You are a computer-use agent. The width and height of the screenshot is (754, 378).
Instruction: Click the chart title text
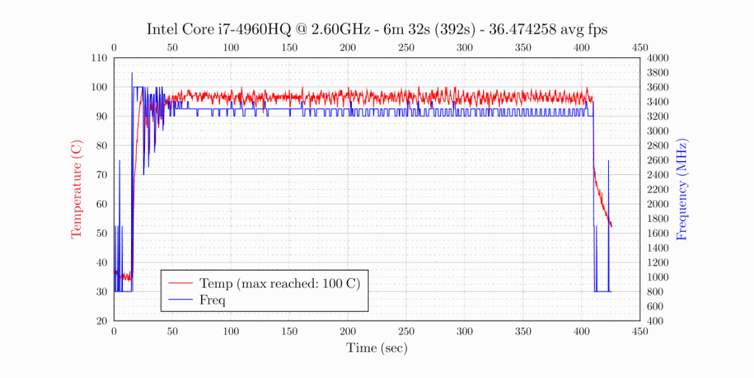(x=376, y=29)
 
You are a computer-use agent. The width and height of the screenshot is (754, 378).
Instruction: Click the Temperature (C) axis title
(x=76, y=190)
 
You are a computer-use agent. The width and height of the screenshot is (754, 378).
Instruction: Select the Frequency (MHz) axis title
(x=681, y=189)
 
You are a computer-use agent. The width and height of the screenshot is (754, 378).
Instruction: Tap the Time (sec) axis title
(x=376, y=348)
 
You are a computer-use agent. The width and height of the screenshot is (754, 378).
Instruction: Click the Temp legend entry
(x=279, y=283)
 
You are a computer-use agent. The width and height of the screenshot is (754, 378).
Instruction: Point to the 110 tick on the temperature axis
(x=99, y=58)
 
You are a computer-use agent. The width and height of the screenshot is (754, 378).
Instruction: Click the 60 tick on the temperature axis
(x=102, y=204)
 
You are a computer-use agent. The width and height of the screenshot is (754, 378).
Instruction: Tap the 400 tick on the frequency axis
(x=654, y=321)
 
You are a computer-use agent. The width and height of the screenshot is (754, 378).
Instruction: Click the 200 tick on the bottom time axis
(x=348, y=332)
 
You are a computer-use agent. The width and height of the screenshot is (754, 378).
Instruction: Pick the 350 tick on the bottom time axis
(x=523, y=332)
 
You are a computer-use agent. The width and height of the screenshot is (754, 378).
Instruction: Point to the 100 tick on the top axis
(x=230, y=48)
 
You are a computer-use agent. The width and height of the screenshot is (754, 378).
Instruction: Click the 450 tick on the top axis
(x=640, y=48)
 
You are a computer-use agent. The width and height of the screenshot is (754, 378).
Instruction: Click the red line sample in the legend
(x=180, y=283)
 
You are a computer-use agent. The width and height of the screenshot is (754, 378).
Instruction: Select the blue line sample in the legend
(x=180, y=299)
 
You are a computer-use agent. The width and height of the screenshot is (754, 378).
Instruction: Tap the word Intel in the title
(x=163, y=29)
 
